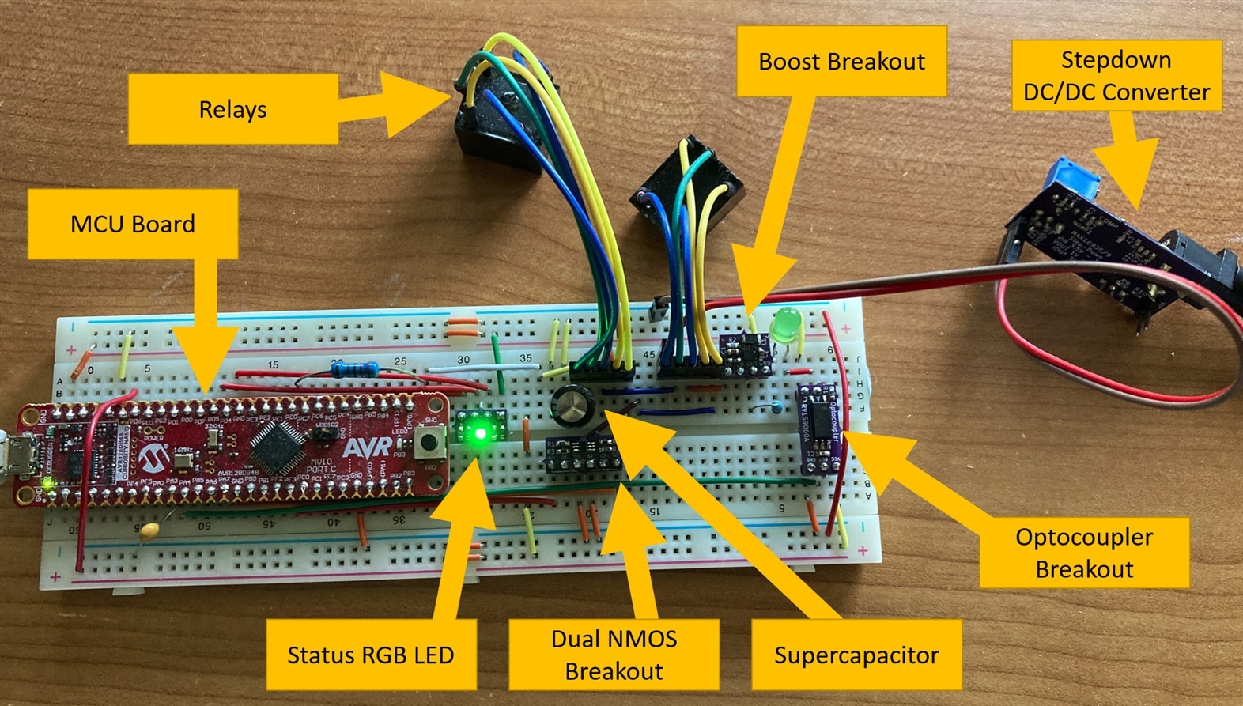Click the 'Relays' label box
[x=232, y=110]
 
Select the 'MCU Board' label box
[x=133, y=224]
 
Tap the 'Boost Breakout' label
[x=841, y=62]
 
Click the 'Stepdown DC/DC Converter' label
[x=1116, y=76]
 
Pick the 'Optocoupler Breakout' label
[x=1084, y=553]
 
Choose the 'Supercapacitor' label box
[x=856, y=655]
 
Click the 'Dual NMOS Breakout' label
[x=614, y=655]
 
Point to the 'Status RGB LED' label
[x=370, y=655]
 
